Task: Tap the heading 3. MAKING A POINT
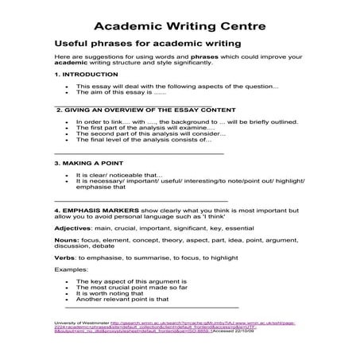[87, 162]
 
